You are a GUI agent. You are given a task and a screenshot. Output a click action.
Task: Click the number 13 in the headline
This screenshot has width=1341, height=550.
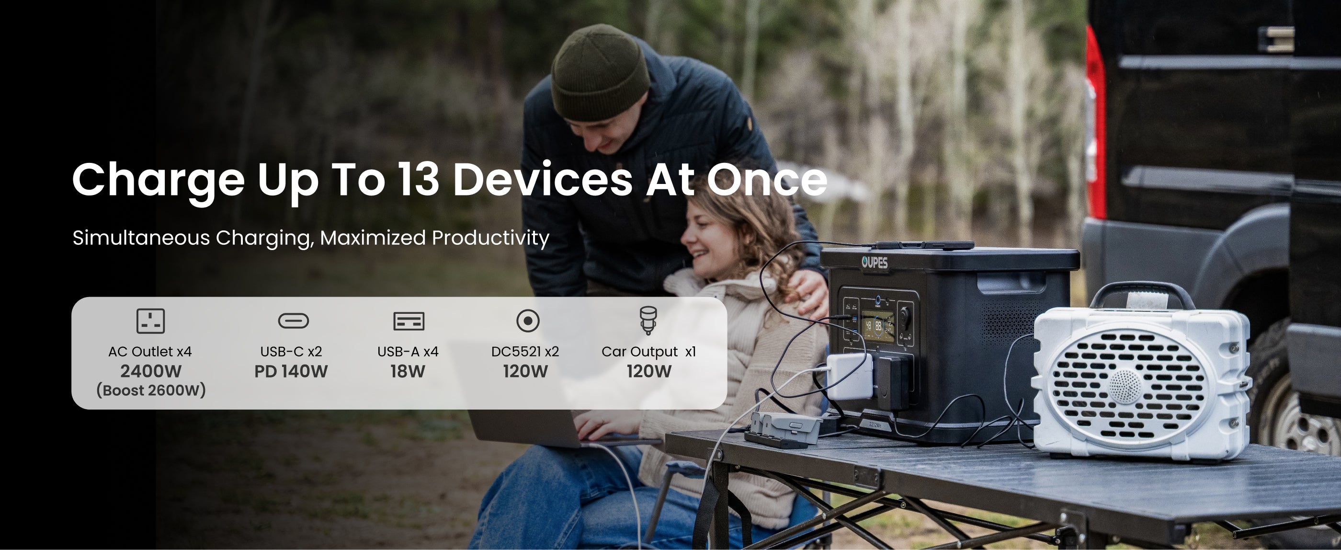point(419,180)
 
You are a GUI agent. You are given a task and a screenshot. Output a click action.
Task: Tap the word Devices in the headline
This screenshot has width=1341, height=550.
point(543,180)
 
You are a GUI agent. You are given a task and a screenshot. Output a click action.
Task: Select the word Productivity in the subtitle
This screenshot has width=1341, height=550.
point(490,238)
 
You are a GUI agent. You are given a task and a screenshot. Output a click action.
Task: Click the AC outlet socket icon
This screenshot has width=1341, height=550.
point(150,321)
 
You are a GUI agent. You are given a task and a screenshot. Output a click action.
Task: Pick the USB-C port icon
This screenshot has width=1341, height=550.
point(294,321)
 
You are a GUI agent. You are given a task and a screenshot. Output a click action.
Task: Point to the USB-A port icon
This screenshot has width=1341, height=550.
point(409,321)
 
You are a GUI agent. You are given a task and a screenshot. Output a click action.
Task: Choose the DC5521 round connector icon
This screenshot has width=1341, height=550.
point(528,321)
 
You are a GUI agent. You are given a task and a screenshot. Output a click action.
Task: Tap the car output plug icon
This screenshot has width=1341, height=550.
point(648,320)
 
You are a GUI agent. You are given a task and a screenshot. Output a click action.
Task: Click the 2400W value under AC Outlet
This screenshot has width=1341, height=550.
point(151,371)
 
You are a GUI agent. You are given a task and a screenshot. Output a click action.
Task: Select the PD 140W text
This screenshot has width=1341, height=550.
point(291,371)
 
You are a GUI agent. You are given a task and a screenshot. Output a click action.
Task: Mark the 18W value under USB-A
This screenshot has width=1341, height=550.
point(408,371)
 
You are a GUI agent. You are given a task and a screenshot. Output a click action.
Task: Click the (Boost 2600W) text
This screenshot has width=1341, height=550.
point(151,390)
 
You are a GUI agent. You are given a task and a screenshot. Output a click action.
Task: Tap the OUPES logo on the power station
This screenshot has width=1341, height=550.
point(875,263)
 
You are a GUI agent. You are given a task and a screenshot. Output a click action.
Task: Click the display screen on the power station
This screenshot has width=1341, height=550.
point(878,327)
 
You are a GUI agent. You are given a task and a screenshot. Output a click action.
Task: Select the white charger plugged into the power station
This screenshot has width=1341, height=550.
point(849,376)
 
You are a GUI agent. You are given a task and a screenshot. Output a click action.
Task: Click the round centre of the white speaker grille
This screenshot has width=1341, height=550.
point(1125,387)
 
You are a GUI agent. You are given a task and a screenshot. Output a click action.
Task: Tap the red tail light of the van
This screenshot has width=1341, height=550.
point(1095,122)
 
